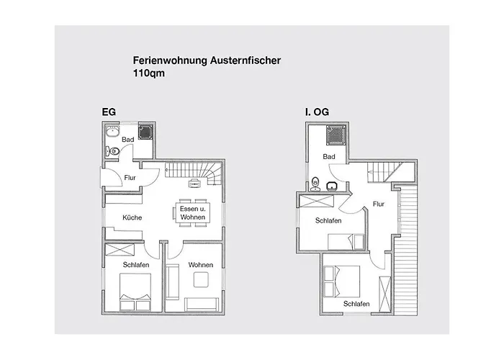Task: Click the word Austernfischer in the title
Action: point(246,60)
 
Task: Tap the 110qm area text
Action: point(149,73)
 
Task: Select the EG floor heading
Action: point(109,112)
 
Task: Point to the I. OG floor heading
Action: point(317,112)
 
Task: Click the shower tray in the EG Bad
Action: point(145,132)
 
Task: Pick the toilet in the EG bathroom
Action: point(113,150)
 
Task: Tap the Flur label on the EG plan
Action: point(130,178)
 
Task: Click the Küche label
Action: point(132,217)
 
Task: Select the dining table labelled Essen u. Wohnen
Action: point(192,212)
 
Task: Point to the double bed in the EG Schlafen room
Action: point(135,292)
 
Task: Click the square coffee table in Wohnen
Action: point(201,279)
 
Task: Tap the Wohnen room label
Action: point(201,265)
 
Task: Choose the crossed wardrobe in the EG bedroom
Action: point(120,250)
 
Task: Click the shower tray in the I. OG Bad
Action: point(336,135)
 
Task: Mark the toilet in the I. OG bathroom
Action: point(315,184)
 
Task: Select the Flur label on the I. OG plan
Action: point(379,204)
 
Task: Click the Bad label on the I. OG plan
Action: point(329,156)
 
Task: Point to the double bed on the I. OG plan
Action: point(342,282)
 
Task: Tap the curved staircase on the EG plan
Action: point(193,174)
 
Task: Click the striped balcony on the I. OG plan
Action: point(405,251)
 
